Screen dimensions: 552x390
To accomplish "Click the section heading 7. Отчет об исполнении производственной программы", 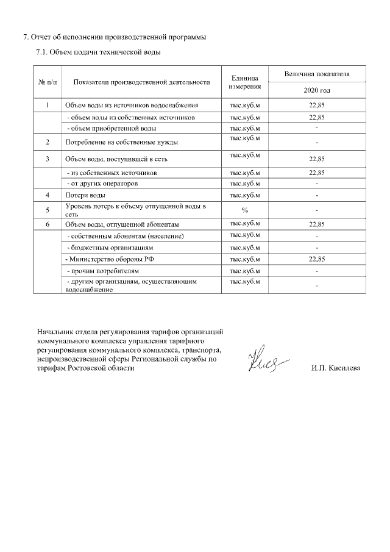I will [x=114, y=37].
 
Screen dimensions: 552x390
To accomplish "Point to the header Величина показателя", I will [x=316, y=73].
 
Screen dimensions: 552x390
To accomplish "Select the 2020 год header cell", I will [x=316, y=90].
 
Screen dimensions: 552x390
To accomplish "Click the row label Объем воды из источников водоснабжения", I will [x=132, y=106].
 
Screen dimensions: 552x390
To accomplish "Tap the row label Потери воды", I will [x=85, y=195].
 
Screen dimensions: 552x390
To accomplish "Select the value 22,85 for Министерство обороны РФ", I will [x=316, y=259].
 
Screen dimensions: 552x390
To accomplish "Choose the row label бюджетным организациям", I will [x=109, y=248].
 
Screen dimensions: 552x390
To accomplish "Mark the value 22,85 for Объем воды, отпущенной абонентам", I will [x=316, y=224].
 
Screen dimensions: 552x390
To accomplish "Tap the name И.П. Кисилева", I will [x=335, y=368].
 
